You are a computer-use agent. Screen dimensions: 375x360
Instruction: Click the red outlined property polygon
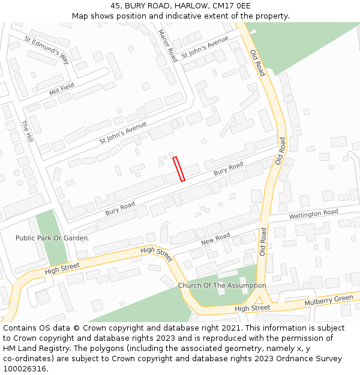click(x=179, y=169)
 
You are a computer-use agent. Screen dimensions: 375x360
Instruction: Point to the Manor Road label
click(x=167, y=46)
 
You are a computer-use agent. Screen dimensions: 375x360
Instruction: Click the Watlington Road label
click(x=313, y=214)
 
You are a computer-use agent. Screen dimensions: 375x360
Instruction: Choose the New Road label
click(x=215, y=238)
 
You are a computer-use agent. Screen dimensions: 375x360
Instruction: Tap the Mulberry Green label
click(x=329, y=299)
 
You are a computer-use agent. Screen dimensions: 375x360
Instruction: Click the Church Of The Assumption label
click(x=221, y=286)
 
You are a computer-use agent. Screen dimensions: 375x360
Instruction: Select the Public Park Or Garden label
click(x=52, y=238)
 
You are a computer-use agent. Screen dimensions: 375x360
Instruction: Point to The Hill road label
click(x=27, y=131)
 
